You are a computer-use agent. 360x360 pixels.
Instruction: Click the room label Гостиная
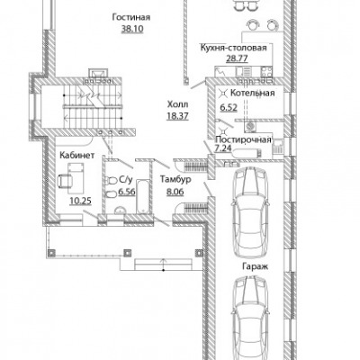131,17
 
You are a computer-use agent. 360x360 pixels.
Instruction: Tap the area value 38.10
132,29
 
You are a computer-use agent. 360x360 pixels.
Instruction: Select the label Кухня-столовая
233,48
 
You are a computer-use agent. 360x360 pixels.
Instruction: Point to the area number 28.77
237,58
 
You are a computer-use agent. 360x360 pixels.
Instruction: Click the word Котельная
252,93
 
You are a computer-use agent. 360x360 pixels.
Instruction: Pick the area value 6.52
229,107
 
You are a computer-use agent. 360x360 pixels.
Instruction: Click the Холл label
177,104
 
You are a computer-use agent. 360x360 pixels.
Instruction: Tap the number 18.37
177,116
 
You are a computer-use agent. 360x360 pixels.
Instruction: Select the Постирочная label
243,139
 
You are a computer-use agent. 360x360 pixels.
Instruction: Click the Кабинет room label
77,155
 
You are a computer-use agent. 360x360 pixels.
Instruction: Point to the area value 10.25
80,201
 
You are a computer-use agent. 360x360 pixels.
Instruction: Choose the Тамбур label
175,179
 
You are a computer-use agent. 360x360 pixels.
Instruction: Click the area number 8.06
175,192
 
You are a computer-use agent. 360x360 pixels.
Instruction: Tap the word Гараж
256,266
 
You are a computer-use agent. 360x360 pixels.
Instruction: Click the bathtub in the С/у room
142,196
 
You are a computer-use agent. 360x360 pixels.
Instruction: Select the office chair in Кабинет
65,180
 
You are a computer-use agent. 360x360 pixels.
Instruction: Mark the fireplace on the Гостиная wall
98,73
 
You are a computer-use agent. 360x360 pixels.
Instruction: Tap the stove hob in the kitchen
266,72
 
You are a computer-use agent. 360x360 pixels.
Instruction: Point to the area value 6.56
127,192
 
